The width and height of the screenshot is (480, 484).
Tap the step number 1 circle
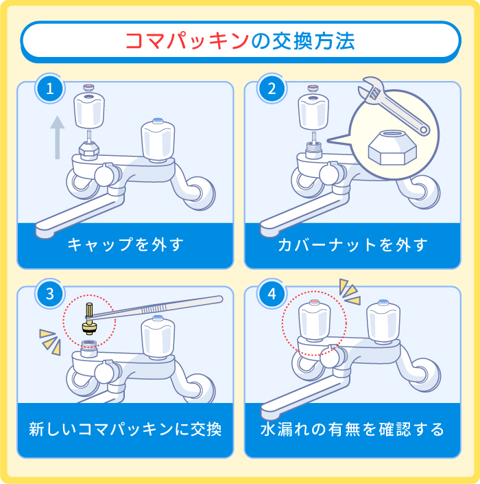49,89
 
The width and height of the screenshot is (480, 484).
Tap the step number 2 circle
272,89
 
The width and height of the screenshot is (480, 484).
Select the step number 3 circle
49,295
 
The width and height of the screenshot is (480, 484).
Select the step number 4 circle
272,295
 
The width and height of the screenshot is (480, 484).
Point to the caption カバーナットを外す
352,245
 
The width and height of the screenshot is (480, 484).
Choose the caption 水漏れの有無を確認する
352,430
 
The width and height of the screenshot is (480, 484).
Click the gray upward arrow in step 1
58,137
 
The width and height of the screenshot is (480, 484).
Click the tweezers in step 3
165,308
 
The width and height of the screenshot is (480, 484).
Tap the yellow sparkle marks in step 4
350,291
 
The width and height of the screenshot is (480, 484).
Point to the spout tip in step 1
43,230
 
